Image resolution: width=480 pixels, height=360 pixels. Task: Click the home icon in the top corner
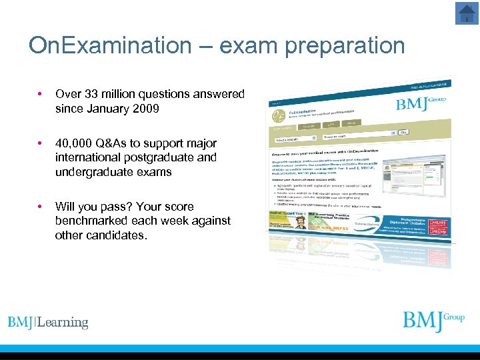point(467,13)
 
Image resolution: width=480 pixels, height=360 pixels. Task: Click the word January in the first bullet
point(108,109)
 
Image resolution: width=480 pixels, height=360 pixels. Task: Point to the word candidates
point(114,235)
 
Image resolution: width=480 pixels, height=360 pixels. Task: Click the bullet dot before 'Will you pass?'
point(41,207)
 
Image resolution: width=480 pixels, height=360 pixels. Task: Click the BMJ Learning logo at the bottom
point(48,323)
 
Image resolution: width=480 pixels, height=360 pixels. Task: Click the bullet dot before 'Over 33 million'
point(41,95)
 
